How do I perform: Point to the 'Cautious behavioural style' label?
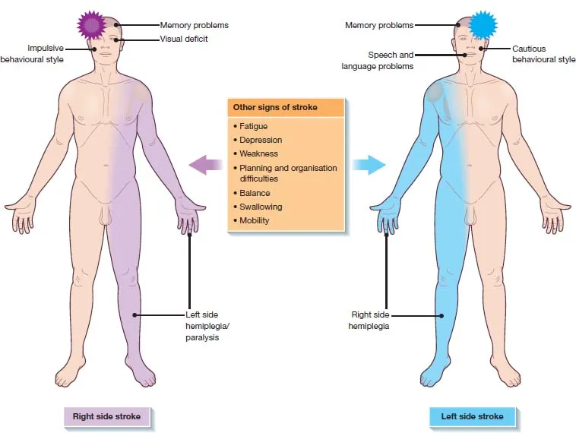[x=543, y=54]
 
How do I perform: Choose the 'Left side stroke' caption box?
[x=472, y=416]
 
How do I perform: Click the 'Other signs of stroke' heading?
[x=274, y=107]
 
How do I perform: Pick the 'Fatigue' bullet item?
[x=253, y=126]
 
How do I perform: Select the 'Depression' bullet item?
[x=260, y=140]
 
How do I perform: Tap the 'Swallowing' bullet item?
[x=260, y=207]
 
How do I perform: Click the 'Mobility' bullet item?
[x=254, y=220]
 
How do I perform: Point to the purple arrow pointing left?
[x=202, y=164]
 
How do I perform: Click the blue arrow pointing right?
[x=369, y=164]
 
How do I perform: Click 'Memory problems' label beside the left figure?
[x=194, y=25]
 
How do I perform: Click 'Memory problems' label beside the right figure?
[x=379, y=25]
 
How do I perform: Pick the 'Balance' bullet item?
[x=254, y=193]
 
